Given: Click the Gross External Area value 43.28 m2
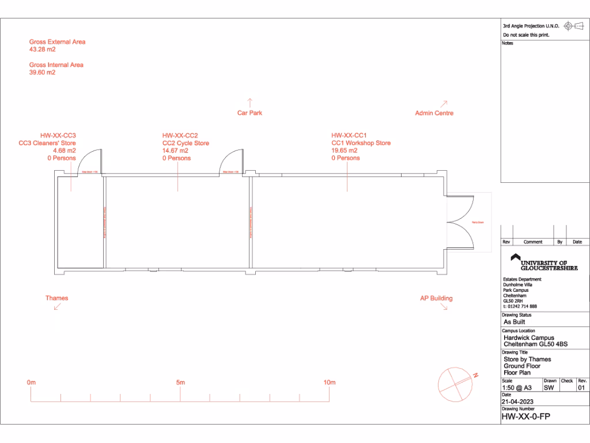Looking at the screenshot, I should tap(43, 50).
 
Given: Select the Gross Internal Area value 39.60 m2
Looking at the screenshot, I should tap(43, 73).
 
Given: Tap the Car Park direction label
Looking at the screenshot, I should tap(249, 113).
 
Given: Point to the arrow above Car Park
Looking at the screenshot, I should tap(249, 102).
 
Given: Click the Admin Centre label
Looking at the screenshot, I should tap(434, 113).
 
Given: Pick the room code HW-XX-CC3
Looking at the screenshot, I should tap(58, 136).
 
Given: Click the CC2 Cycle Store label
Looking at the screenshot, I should tap(186, 143).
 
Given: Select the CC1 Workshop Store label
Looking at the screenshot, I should tap(361, 143).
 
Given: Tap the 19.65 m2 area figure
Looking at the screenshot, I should tap(345, 151).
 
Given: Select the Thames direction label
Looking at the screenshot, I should tap(56, 298).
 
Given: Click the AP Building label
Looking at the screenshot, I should tap(436, 298).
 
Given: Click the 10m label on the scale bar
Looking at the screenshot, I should tap(329, 382).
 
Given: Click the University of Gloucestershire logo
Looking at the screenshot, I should tap(544, 262).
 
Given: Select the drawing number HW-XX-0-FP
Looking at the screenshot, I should tap(525, 416).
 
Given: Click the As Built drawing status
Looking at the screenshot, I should tap(515, 322).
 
